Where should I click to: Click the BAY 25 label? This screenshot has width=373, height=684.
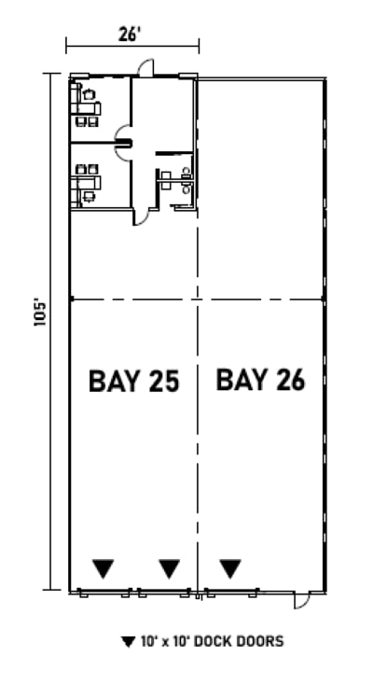[132, 381]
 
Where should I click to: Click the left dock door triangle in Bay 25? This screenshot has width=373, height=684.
[104, 566]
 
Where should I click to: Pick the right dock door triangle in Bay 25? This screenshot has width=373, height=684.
[169, 566]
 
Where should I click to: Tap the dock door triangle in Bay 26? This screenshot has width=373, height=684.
[230, 566]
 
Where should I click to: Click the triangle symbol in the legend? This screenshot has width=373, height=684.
[128, 642]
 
